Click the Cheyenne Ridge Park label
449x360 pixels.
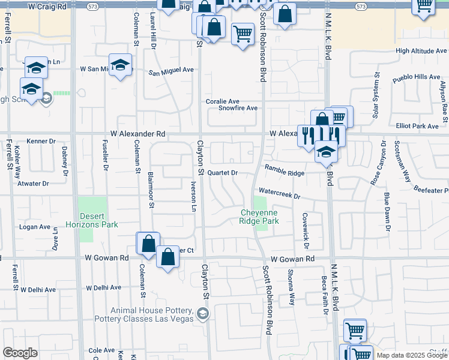(259, 217)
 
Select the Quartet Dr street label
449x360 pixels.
(223, 172)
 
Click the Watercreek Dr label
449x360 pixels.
(279, 196)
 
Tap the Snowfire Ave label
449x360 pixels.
(238, 108)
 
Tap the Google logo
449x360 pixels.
(20, 353)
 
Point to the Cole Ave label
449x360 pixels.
(101, 350)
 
